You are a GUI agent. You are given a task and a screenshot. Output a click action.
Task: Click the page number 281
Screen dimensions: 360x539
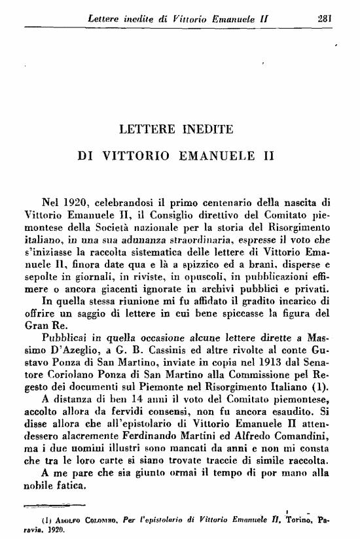pos(325,18)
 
